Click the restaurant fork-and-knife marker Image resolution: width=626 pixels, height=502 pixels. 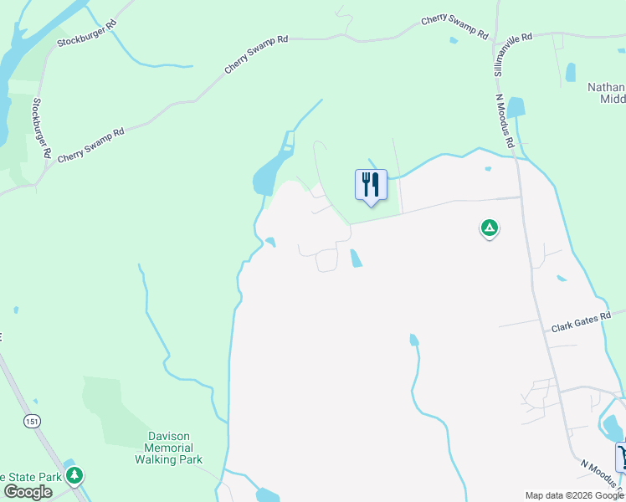point(371,184)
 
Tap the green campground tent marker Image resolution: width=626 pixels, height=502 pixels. point(490,227)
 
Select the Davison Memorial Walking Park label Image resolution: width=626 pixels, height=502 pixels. point(169,448)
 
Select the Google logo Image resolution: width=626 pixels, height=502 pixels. point(28,492)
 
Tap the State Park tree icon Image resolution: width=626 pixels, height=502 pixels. point(75,476)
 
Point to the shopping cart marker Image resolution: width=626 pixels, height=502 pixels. point(622,457)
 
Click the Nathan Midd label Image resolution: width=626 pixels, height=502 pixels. point(606,93)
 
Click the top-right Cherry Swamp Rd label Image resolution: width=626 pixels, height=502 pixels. point(454,26)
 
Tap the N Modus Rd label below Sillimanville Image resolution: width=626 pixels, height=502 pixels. point(505,120)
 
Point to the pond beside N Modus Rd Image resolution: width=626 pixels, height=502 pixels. point(516,107)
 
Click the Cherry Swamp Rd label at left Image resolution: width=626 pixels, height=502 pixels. point(90,144)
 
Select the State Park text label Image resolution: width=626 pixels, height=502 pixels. point(32,477)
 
